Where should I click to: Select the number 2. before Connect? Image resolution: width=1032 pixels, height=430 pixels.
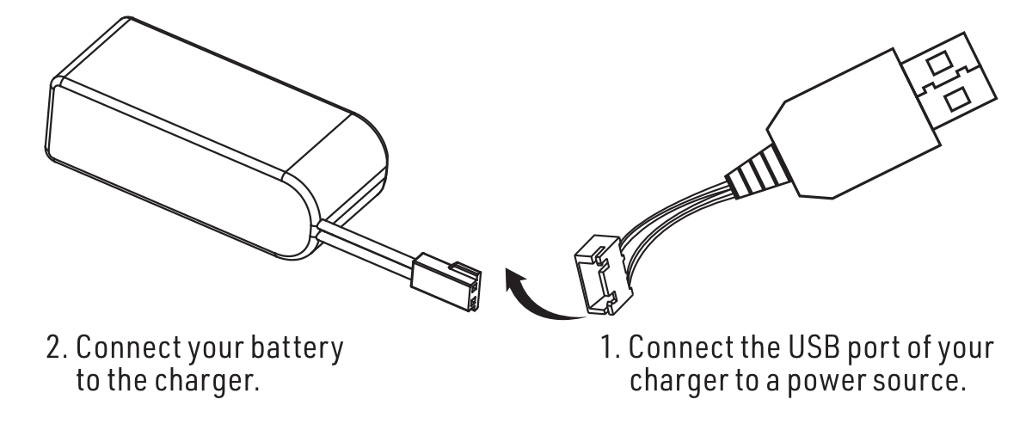[57, 347]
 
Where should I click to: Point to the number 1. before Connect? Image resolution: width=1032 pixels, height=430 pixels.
[611, 347]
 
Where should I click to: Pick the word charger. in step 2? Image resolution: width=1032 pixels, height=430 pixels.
[206, 382]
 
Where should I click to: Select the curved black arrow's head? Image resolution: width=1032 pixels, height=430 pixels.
[514, 280]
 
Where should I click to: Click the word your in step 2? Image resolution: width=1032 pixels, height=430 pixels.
[216, 350]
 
